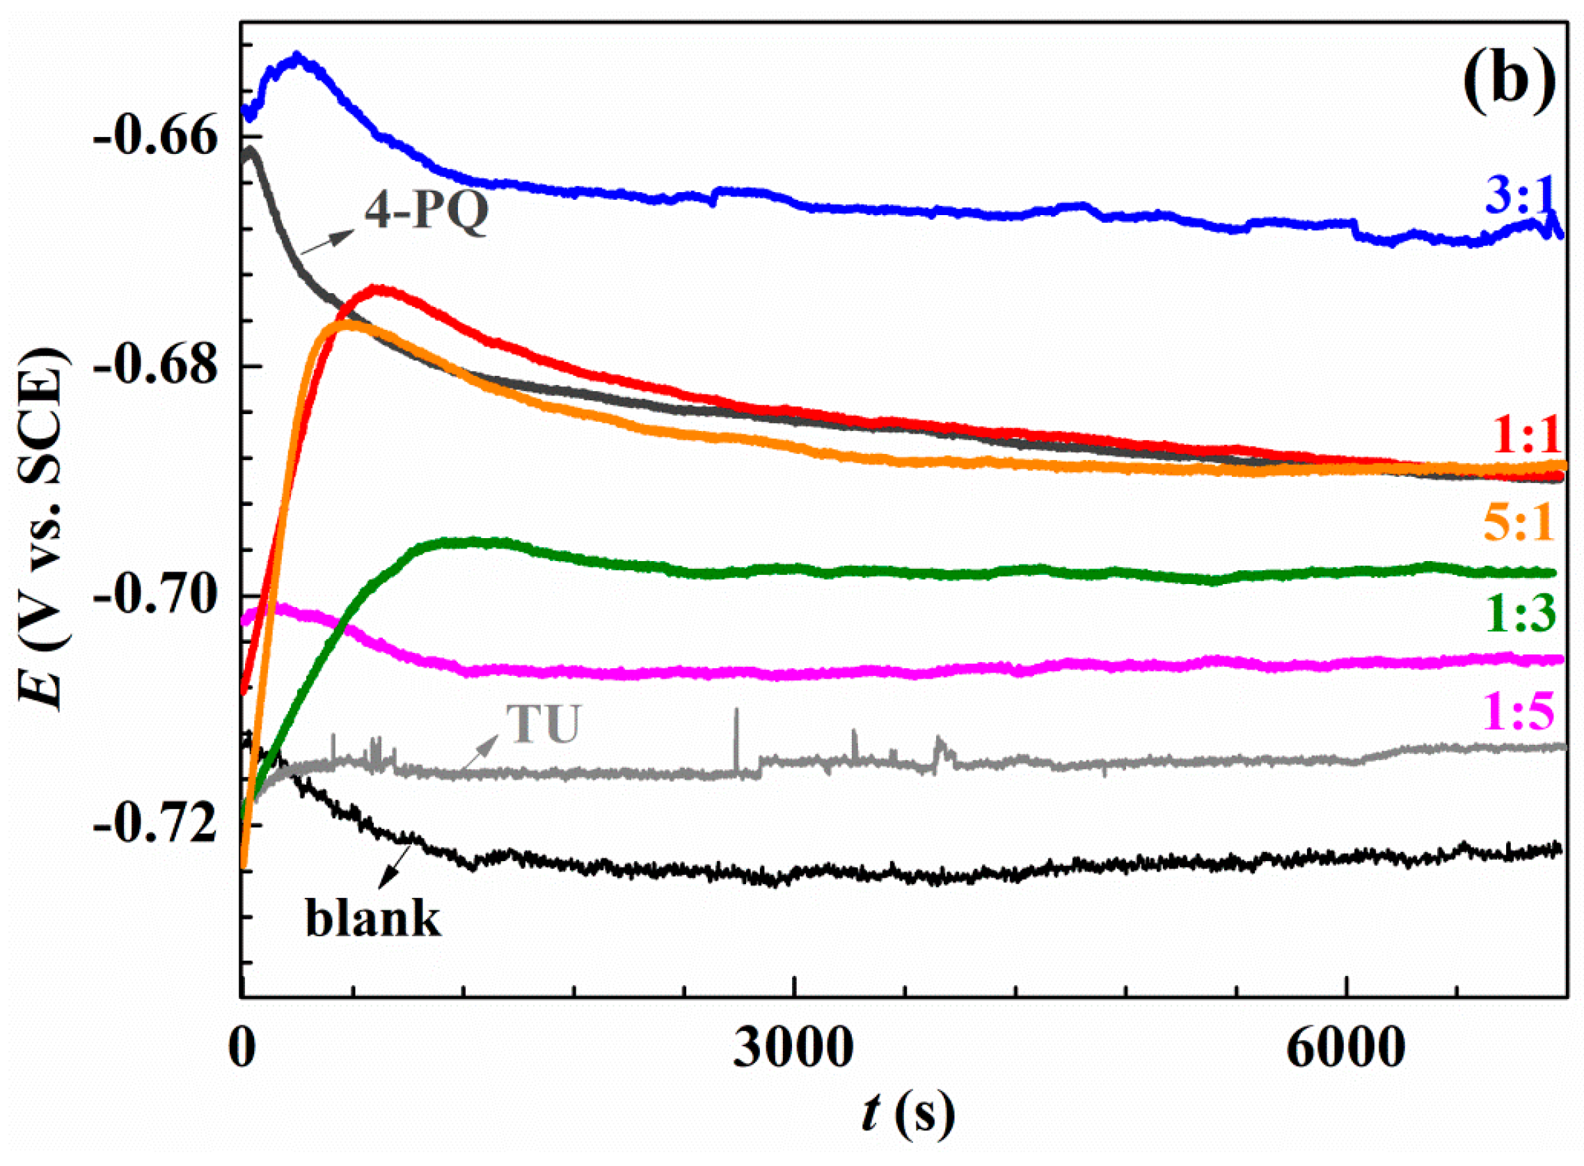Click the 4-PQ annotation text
coord(426,211)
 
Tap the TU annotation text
coord(544,724)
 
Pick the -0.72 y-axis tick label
coord(156,826)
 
